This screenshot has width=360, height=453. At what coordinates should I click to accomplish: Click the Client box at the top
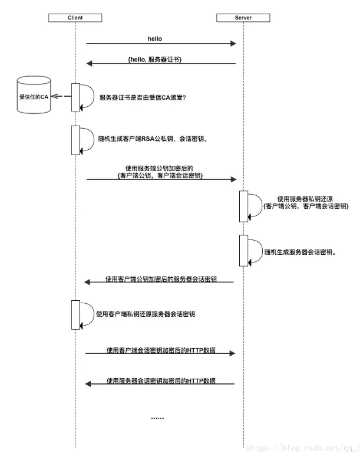coord(75,18)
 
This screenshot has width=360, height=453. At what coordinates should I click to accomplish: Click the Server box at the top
coord(243,18)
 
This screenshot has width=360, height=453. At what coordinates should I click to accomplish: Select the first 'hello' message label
coord(155,38)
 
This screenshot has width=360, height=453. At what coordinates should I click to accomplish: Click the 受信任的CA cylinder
coord(34,95)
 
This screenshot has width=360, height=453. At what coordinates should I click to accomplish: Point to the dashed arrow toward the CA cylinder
coord(64,96)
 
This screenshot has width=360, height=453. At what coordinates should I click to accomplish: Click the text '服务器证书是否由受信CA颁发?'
coord(143,97)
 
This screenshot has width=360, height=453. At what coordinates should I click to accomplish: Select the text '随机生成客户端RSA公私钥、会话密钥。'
coord(153,140)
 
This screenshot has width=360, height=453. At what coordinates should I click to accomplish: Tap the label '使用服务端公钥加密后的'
coord(160,168)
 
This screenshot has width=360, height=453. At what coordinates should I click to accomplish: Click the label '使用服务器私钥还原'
coord(305,199)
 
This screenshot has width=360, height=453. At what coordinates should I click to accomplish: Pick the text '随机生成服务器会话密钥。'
coord(300,251)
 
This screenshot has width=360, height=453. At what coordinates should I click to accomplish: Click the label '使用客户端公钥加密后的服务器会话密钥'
coord(161,278)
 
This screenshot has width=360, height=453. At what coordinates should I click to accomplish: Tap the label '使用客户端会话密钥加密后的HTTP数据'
coord(161,350)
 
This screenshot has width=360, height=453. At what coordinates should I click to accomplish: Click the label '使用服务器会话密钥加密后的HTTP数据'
coord(161,380)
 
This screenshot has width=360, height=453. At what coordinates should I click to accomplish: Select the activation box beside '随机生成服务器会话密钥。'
coord(243,250)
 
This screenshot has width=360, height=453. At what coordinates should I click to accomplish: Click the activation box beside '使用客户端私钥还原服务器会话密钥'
coord(75,314)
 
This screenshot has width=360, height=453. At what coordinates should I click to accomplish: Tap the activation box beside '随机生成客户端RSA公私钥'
coord(75,140)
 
